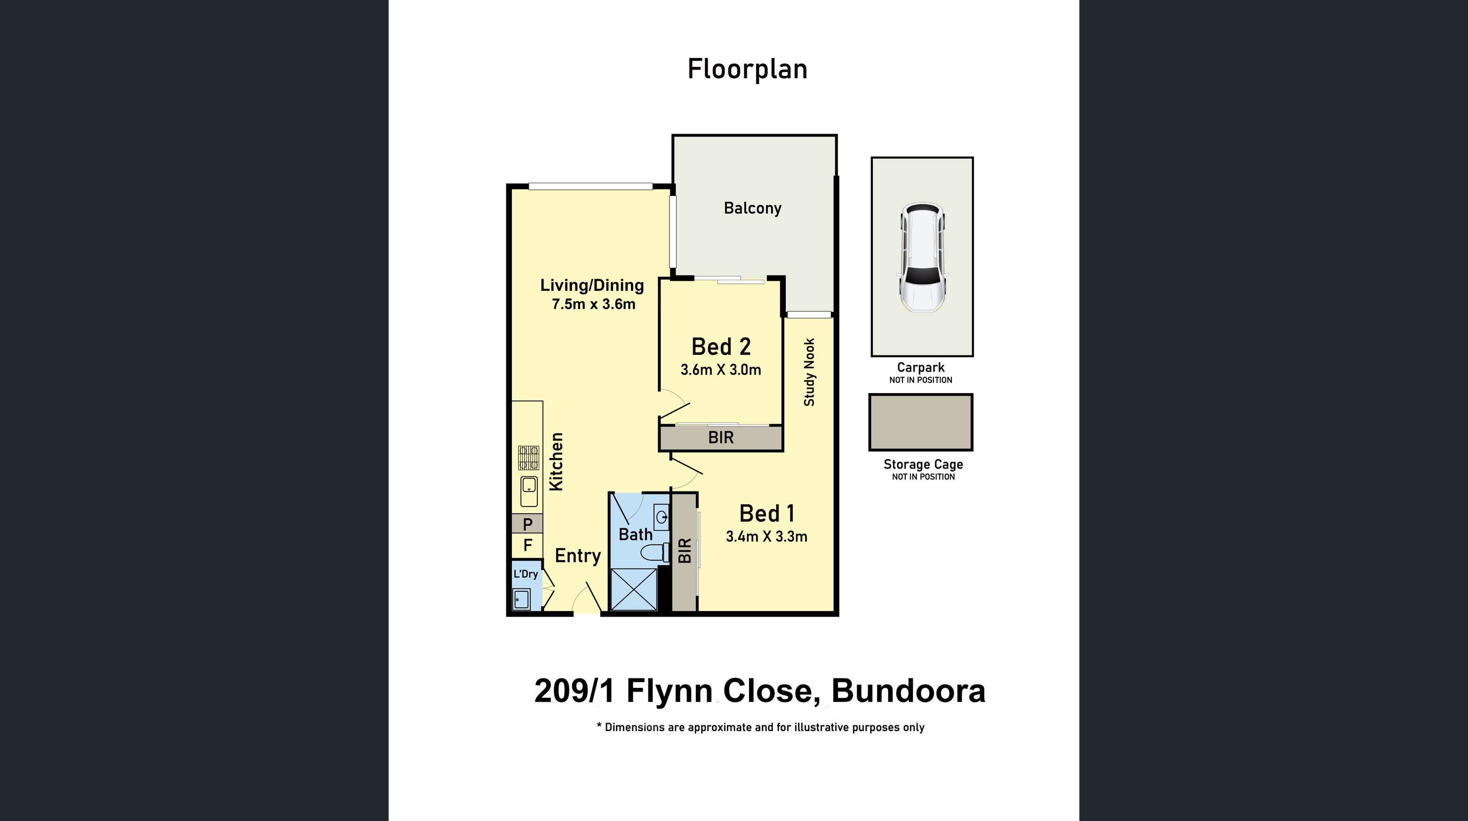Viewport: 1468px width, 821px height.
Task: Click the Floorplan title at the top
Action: [x=747, y=70]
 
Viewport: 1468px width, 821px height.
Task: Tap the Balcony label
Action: [x=752, y=208]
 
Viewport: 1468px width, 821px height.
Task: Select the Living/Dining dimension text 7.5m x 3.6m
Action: [x=593, y=305]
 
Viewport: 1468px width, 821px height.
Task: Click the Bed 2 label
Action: [x=721, y=346]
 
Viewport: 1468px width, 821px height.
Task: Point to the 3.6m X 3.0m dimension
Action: [x=721, y=370]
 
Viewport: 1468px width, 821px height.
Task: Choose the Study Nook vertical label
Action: [x=809, y=372]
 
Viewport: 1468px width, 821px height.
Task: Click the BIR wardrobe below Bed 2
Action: [x=721, y=438]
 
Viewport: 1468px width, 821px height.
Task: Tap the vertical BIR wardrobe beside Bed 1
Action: [x=685, y=551]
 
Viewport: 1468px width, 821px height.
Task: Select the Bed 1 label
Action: [x=766, y=514]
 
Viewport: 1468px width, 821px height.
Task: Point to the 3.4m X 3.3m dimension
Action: [x=766, y=537]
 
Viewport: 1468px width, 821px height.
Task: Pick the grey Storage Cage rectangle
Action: [x=920, y=422]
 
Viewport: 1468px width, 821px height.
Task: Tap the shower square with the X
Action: [x=634, y=589]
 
